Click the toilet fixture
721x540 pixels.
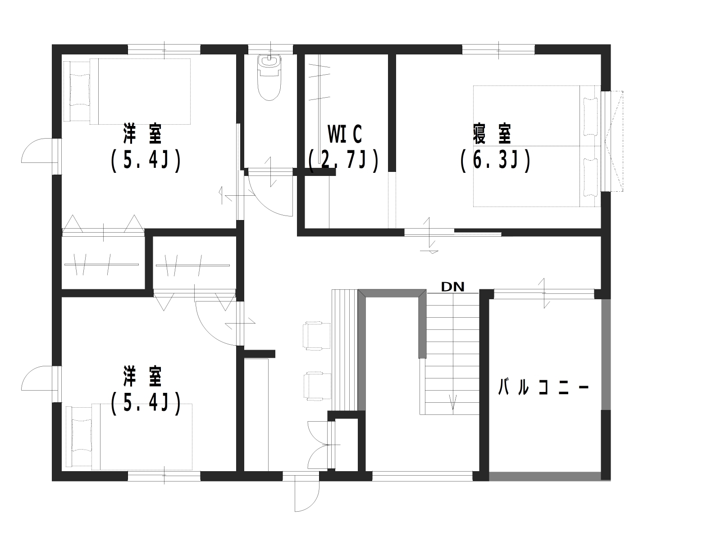(269, 77)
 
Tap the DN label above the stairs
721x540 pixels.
(452, 287)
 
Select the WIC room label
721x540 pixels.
(345, 135)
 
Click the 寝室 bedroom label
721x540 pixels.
(492, 134)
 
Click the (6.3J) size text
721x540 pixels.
(495, 161)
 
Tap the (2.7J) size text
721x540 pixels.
(343, 161)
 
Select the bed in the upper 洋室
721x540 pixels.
(127, 91)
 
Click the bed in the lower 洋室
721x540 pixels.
(129, 436)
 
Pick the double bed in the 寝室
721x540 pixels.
(537, 146)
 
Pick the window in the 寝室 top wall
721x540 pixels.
(498, 49)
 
